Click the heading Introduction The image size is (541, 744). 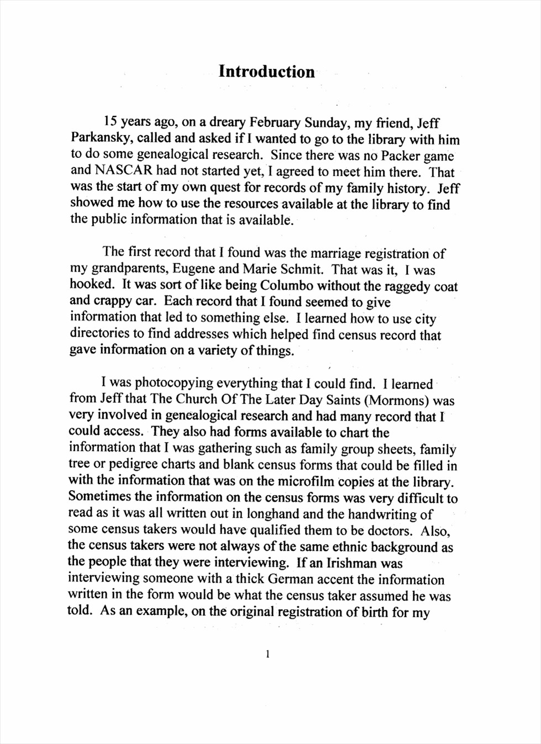(x=267, y=72)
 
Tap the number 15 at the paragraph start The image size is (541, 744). (x=111, y=122)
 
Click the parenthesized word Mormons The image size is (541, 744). (x=397, y=400)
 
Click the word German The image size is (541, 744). (x=292, y=580)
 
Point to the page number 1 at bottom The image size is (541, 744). (x=268, y=655)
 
